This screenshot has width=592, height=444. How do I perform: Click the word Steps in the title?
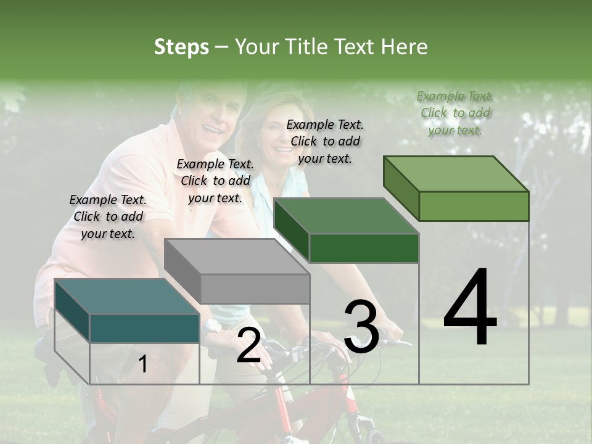point(181,47)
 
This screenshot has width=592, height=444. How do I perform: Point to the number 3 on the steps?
point(361,326)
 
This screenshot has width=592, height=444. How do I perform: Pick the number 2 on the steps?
point(249,345)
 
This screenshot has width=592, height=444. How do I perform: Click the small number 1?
point(143,364)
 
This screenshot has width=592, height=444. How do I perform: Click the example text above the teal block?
point(108,216)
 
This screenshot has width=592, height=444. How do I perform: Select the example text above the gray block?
point(215,181)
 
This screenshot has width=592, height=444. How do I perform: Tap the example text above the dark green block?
point(325,141)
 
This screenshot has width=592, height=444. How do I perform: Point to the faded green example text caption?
point(455,113)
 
